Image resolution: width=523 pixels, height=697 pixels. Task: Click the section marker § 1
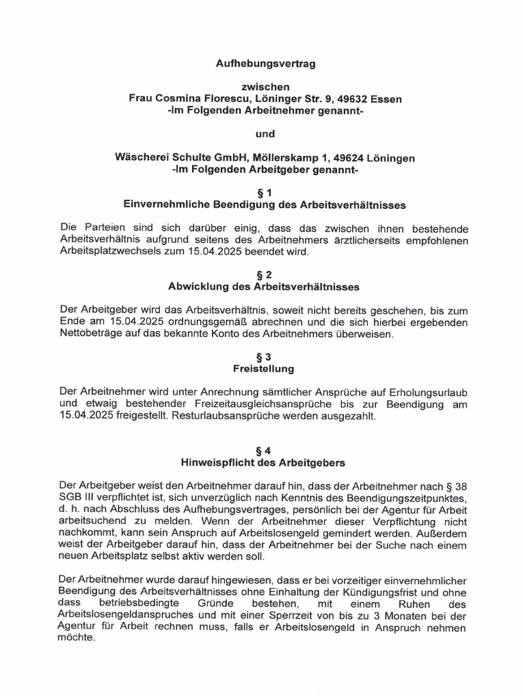point(265,193)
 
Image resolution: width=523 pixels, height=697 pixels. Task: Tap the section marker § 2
point(265,275)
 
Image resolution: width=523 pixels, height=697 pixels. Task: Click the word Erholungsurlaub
point(428,393)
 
